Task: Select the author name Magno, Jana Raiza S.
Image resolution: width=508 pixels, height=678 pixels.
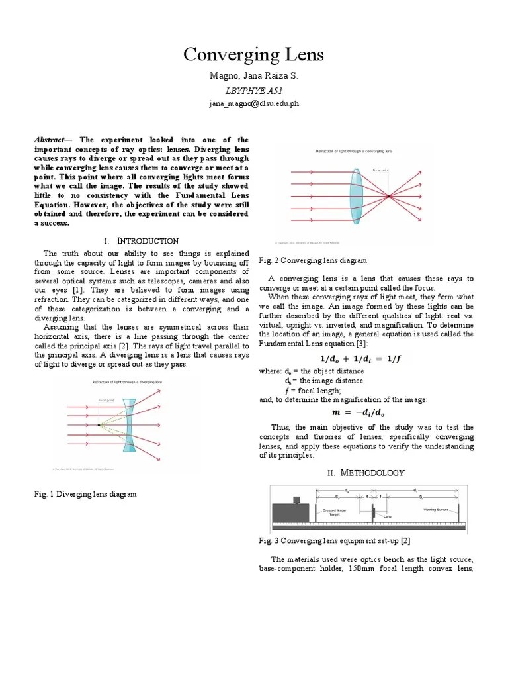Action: point(253,77)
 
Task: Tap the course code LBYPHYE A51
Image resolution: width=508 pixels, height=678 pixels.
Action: point(253,91)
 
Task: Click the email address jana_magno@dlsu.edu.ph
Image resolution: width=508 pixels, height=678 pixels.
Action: point(253,104)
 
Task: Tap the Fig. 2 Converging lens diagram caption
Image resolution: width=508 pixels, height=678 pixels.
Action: point(312,261)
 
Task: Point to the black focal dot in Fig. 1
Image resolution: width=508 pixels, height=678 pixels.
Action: point(99,424)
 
